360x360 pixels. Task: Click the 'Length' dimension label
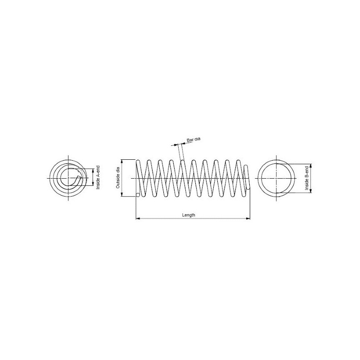(x=189, y=215)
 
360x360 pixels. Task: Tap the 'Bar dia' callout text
(x=193, y=141)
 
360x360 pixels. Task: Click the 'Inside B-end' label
(x=307, y=178)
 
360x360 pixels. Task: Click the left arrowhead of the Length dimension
(x=138, y=219)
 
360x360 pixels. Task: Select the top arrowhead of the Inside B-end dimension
(x=311, y=165)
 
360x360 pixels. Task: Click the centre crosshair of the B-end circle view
(x=275, y=178)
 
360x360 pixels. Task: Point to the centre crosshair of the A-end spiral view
(x=69, y=178)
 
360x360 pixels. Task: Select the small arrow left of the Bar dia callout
(x=174, y=144)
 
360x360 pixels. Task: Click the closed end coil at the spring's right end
(x=247, y=178)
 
